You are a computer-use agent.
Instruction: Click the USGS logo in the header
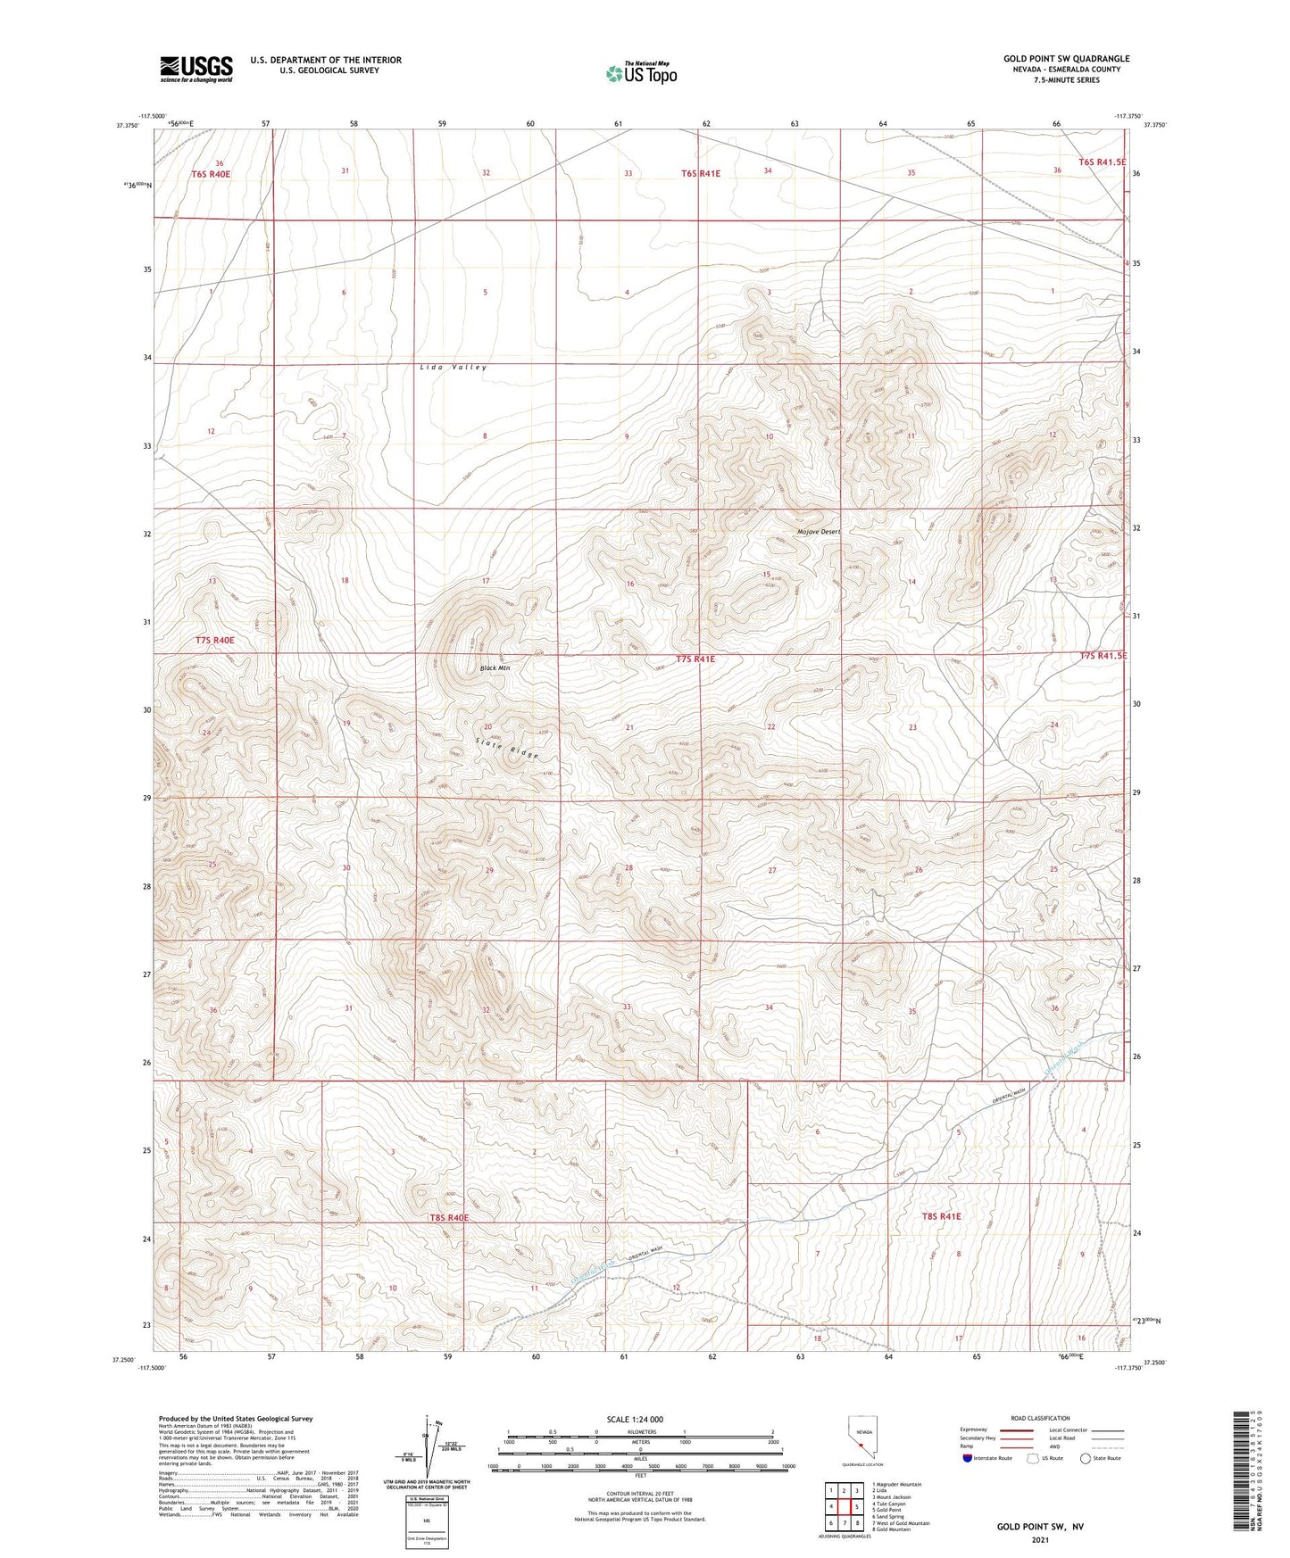pyautogui.click(x=196, y=69)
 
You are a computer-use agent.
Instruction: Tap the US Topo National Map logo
pyautogui.click(x=640, y=73)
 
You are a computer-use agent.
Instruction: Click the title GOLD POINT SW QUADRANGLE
pyautogui.click(x=1066, y=59)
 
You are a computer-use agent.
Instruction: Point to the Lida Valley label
pyautogui.click(x=454, y=368)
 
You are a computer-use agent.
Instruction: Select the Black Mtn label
pyautogui.click(x=495, y=667)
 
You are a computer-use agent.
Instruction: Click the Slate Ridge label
pyautogui.click(x=507, y=748)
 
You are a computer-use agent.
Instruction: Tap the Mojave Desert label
pyautogui.click(x=819, y=532)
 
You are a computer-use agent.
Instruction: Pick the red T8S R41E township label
pyautogui.click(x=941, y=1216)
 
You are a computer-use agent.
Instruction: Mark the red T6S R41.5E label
pyautogui.click(x=1102, y=162)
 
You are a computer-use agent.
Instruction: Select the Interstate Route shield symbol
pyautogui.click(x=968, y=1459)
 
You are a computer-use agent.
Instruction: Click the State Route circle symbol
pyautogui.click(x=1086, y=1459)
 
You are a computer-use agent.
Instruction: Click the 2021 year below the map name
pyautogui.click(x=1040, y=1540)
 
